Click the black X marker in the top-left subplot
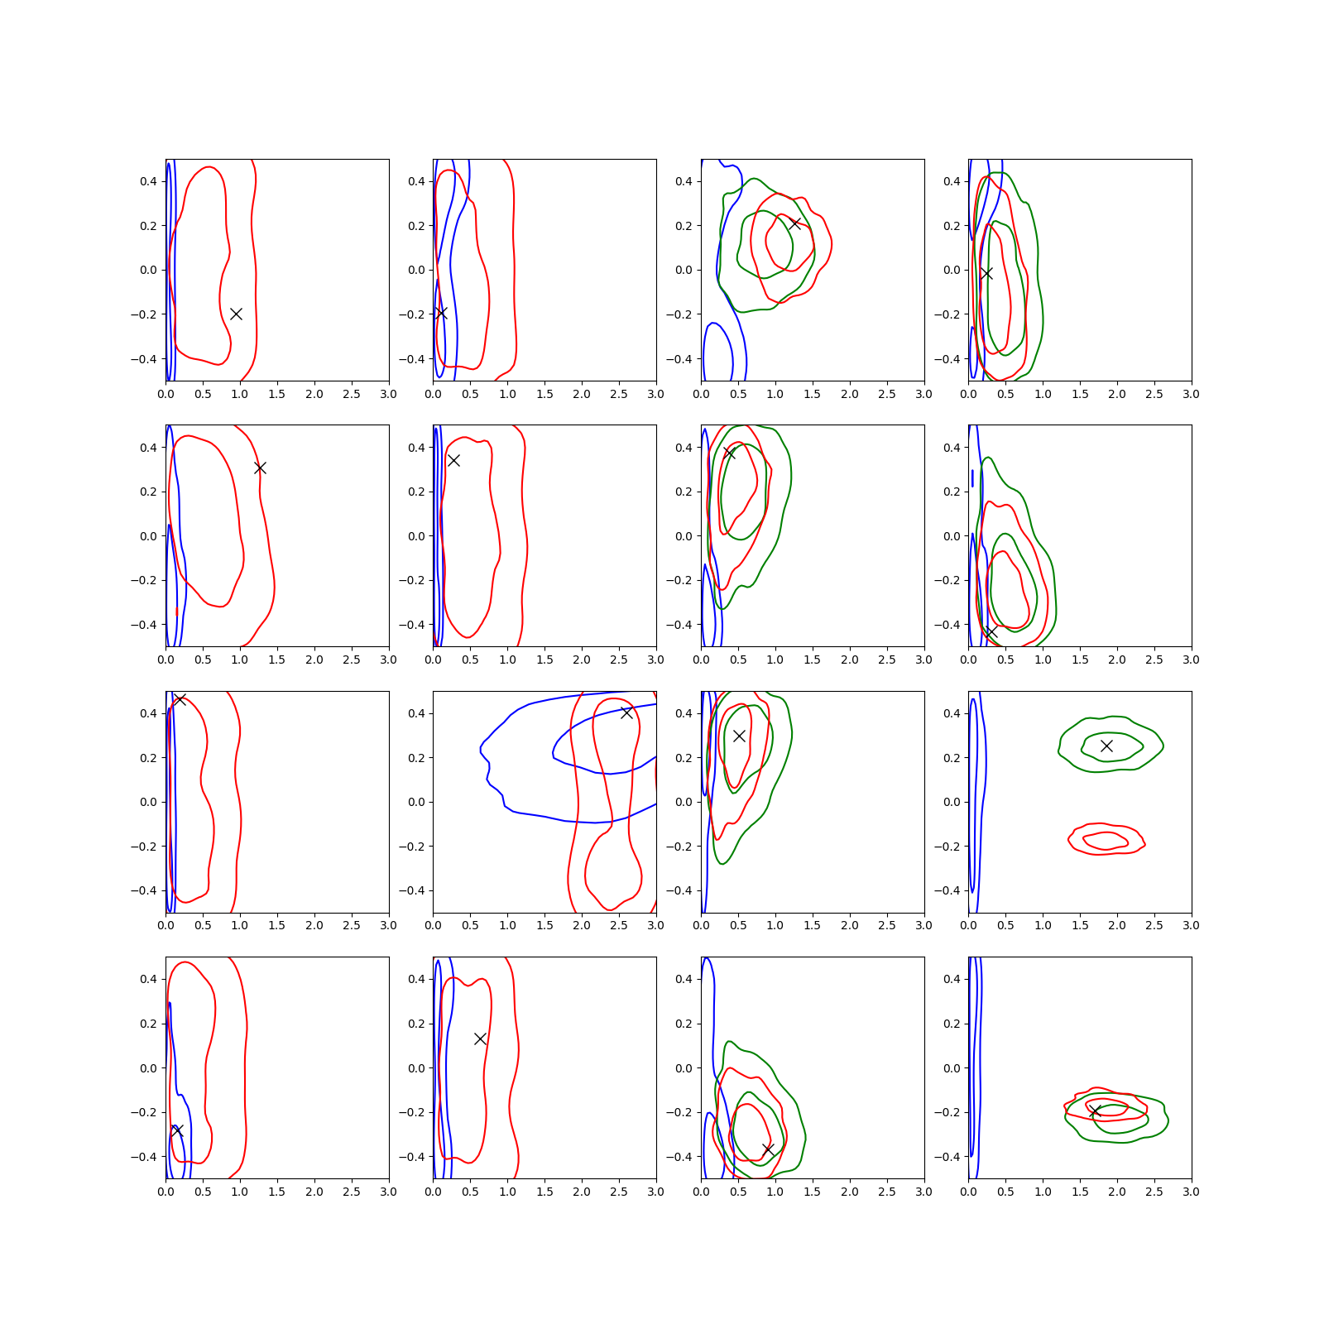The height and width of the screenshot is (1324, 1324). pos(236,314)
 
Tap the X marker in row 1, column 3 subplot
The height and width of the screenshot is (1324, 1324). pos(794,223)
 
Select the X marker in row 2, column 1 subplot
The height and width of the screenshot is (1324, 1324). pos(260,468)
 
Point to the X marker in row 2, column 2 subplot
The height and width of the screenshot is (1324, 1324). pos(453,460)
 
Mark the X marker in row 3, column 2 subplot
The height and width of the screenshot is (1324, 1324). pos(626,712)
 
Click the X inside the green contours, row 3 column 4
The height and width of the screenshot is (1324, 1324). pos(1106,746)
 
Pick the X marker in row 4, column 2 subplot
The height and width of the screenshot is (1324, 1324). pos(480,1039)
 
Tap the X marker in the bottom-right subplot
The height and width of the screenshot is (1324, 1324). pos(1094,1111)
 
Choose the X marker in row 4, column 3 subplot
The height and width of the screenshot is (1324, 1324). pos(768,1149)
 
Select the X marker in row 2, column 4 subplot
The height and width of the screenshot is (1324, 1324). pos(991,631)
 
